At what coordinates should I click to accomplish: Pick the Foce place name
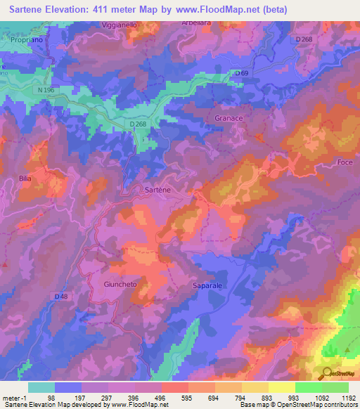(x=345, y=163)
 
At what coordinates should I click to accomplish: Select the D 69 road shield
(x=243, y=72)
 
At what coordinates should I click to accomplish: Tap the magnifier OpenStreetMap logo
(x=325, y=372)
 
